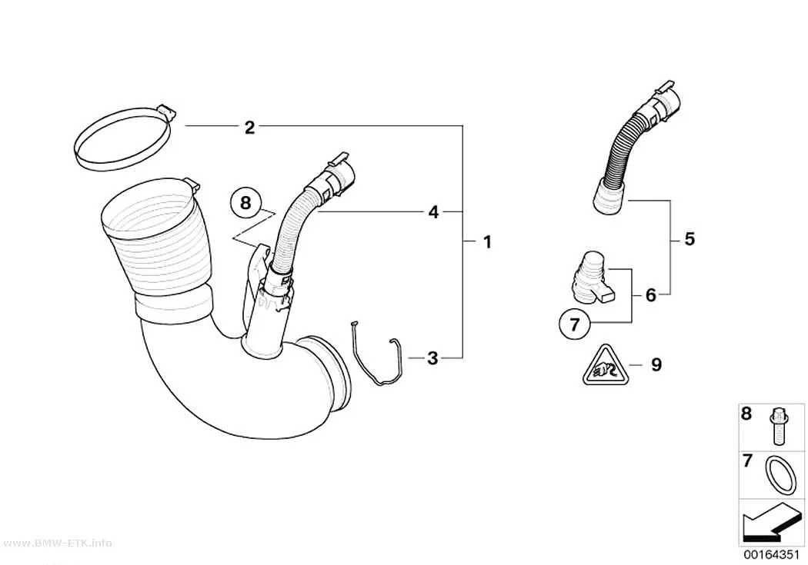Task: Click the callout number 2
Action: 249,127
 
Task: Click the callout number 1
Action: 487,241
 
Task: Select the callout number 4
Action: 433,211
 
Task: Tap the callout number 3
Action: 432,357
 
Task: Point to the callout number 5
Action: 689,239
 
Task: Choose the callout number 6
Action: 651,295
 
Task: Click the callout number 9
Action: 656,364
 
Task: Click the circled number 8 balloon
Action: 245,203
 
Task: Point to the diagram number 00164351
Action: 771,555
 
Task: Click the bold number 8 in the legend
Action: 746,414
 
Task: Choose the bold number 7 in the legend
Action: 747,460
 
